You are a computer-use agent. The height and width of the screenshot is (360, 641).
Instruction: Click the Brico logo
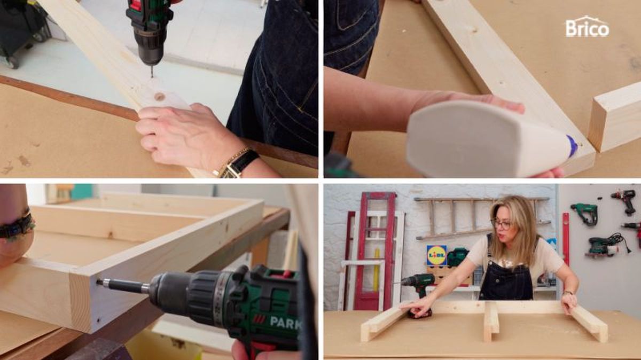pos(587,27)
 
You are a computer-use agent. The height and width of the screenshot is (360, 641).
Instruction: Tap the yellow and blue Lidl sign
pos(437,255)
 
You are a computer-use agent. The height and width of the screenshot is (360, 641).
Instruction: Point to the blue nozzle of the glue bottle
pos(572,146)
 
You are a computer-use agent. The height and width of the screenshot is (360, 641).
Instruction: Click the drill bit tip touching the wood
pos(152,76)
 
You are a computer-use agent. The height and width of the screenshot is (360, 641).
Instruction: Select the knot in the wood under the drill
pos(159,97)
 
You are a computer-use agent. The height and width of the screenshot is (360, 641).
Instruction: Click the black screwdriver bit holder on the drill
pos(123,286)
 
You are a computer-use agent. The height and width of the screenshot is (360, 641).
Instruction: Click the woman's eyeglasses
pos(502,224)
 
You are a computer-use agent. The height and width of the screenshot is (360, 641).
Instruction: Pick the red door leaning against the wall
pos(375,251)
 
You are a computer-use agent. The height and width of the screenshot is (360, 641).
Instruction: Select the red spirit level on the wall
pos(566,240)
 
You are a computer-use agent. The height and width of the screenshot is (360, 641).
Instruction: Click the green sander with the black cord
pos(604,246)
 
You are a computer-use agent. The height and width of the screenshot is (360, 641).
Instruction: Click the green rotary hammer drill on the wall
pos(584,214)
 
